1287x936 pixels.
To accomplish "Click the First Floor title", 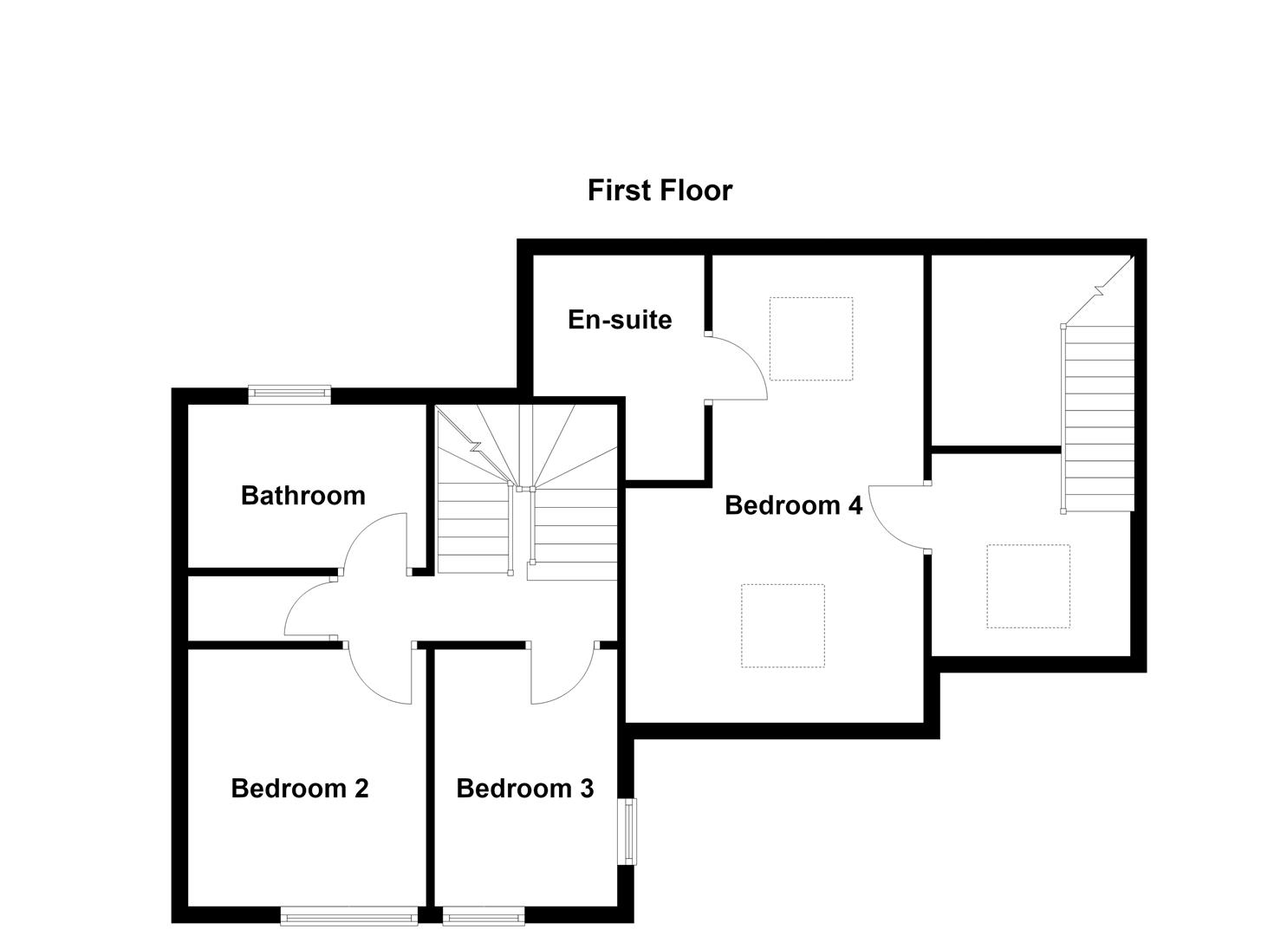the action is (660, 190).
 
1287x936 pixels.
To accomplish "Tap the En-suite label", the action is (620, 320).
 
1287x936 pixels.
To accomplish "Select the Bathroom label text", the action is (302, 495).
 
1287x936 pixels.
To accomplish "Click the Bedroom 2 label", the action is (299, 789).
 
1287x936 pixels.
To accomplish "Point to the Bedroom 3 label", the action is (524, 789).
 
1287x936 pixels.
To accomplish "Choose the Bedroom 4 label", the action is (794, 505).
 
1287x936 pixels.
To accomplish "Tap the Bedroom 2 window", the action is (348, 916).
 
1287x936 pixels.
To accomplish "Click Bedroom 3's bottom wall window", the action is (484, 916).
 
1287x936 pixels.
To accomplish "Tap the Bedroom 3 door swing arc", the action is (577, 687).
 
